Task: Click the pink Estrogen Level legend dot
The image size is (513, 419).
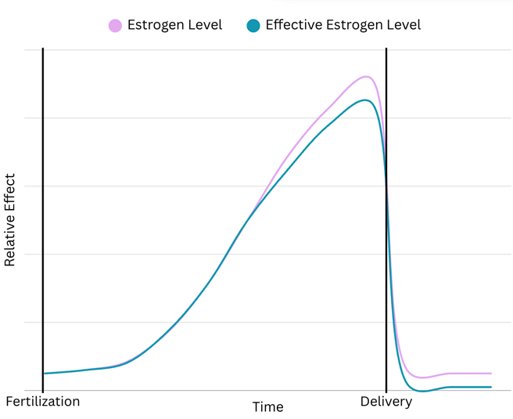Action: [115, 26]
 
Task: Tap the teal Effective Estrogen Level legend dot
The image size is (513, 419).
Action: [253, 26]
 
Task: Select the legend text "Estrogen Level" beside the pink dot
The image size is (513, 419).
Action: [176, 25]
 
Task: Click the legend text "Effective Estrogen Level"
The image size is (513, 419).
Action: [343, 25]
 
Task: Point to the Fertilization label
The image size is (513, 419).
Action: [43, 402]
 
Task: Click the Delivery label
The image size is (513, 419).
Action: [386, 402]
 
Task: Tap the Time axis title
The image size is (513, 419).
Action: [267, 407]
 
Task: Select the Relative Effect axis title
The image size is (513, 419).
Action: [11, 219]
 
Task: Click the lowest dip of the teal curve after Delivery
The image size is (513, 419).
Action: [423, 390]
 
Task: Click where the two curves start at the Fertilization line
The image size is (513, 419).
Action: [44, 374]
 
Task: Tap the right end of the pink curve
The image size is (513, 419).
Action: [491, 374]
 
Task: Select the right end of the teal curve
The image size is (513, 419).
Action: [491, 387]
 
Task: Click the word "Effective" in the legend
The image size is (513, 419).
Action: [293, 25]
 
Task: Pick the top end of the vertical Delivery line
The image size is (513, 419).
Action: [386, 49]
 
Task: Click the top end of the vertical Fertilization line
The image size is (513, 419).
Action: [43, 49]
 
